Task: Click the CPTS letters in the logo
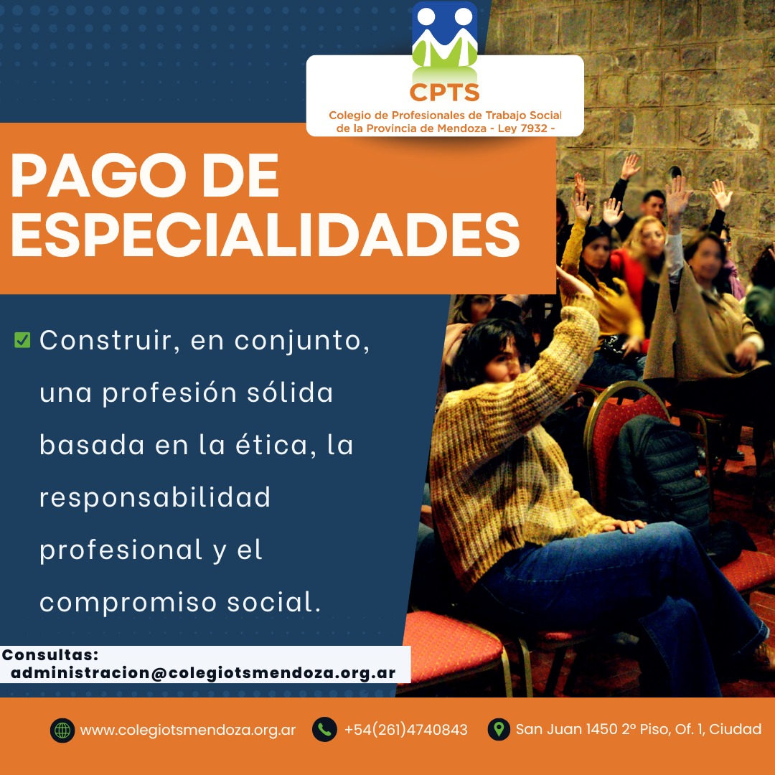coord(444,93)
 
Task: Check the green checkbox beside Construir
coord(22,340)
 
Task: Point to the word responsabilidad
coord(155,497)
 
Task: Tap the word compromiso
coord(128,603)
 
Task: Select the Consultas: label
coord(50,655)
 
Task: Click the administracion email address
coord(203,673)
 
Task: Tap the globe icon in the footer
coord(62,730)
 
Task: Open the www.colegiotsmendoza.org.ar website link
coord(188,730)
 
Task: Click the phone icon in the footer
coord(325,730)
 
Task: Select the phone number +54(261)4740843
coord(405,730)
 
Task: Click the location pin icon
coord(499,730)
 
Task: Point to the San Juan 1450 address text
coord(639,729)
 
